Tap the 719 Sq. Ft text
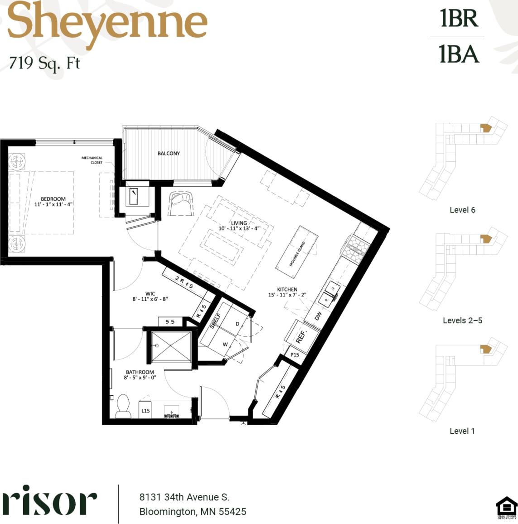coord(44,63)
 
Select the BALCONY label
coord(168,154)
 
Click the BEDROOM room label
coord(53,199)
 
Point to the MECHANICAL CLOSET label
coord(92,160)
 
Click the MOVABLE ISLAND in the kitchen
coord(297,253)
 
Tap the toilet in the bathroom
coord(123,406)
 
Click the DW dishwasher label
coord(318,315)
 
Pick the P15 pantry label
coord(295,355)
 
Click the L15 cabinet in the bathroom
coord(145,411)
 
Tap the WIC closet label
coord(150,294)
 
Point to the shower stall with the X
coord(171,347)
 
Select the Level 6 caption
coord(462,210)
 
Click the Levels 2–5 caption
coord(462,320)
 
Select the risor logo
coord(49,500)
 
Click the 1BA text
coord(459,54)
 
